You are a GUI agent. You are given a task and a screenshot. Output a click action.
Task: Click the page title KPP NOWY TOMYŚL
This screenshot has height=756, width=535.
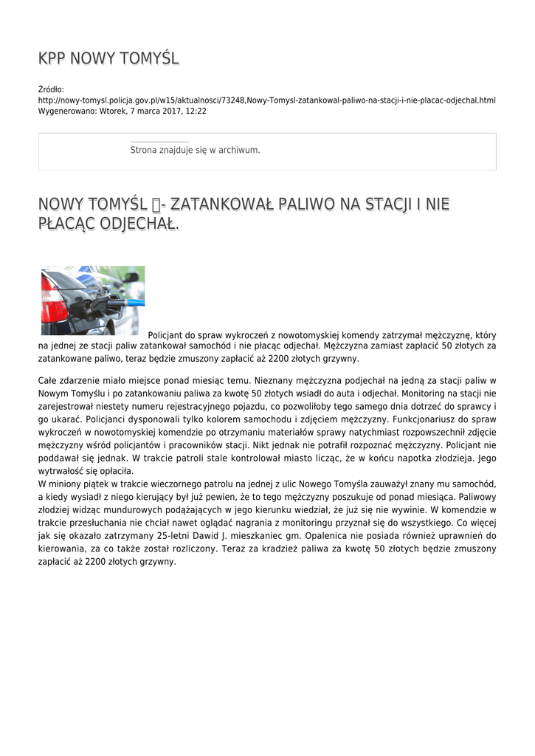[108, 58]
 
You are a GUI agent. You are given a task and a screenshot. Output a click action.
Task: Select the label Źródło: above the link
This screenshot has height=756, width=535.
[51, 89]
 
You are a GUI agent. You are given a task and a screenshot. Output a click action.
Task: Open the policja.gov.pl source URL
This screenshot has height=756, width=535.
[266, 100]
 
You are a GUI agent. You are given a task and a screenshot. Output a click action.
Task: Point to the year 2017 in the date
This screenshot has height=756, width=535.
[156, 111]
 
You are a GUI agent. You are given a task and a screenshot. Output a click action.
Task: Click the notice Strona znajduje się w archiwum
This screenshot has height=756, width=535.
[195, 150]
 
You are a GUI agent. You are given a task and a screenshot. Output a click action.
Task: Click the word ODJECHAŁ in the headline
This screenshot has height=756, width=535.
[140, 223]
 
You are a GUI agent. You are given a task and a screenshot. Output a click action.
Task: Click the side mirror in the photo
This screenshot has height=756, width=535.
[131, 277]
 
